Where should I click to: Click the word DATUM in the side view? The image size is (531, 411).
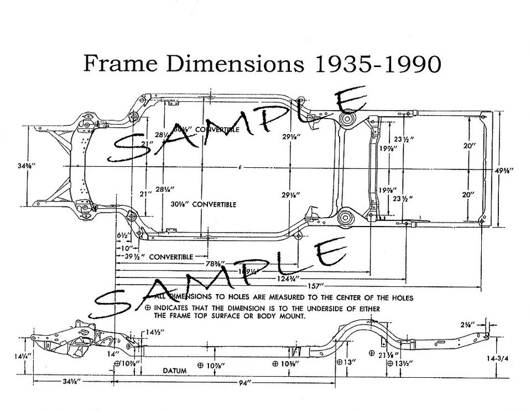(174, 370)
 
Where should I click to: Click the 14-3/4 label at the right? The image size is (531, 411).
(498, 358)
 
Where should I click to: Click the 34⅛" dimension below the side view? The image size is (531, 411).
(70, 382)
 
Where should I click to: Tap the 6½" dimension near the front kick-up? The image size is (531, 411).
(123, 235)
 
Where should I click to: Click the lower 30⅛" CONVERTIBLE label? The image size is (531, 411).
(202, 204)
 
